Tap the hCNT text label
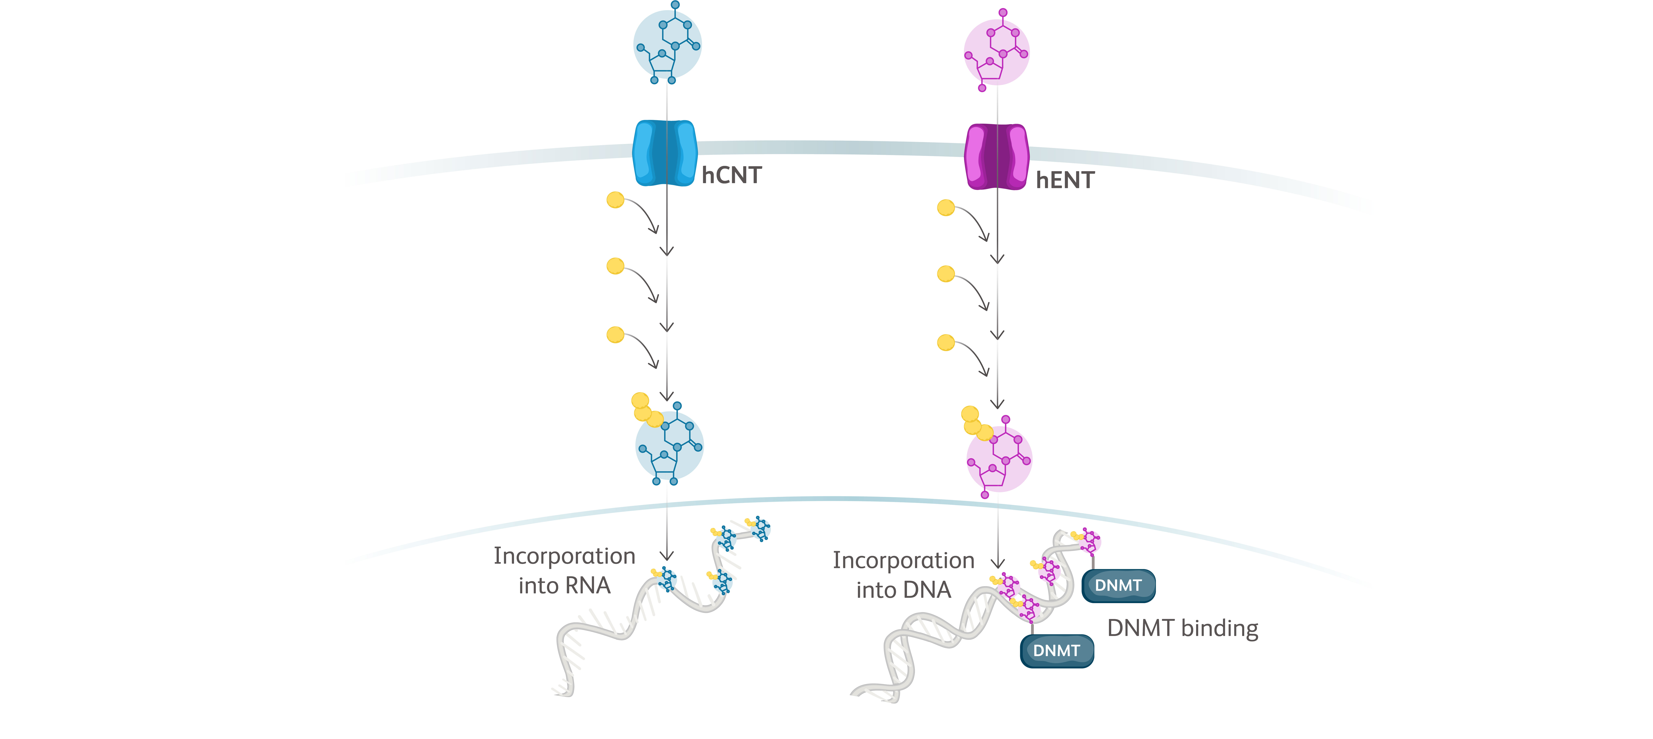click(731, 175)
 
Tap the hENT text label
click(1065, 180)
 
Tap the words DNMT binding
click(1183, 628)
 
